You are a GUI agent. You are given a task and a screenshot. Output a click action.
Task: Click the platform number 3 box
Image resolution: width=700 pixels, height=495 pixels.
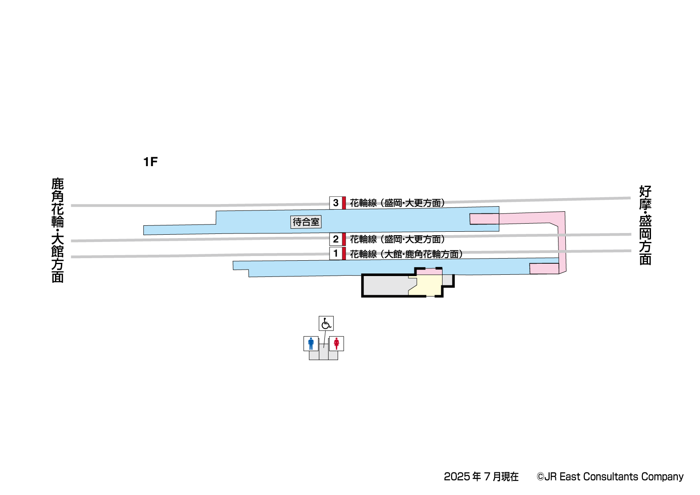336,203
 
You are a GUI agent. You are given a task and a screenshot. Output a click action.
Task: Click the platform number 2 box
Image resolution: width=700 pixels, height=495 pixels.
336,239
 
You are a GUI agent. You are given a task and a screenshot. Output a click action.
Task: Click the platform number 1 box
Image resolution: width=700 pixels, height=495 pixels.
336,253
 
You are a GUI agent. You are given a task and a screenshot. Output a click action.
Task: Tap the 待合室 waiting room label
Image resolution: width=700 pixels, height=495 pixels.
306,222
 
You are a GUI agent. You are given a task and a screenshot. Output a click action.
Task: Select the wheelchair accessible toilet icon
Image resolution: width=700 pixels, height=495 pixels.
326,323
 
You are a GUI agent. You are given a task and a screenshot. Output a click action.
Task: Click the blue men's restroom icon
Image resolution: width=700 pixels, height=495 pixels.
311,343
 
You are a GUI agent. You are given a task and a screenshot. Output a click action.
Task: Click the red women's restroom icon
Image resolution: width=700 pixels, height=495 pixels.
336,343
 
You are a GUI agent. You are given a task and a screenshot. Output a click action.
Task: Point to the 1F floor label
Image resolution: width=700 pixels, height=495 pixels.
150,162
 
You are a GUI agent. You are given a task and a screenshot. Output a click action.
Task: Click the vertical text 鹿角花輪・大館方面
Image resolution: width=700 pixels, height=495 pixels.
58,230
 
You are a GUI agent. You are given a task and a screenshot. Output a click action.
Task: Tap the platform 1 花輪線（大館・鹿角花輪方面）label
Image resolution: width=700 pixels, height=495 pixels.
406,254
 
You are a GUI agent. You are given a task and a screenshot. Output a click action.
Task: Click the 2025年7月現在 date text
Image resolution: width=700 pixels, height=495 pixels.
481,477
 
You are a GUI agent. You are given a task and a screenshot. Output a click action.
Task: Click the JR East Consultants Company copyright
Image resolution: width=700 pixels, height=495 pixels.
610,477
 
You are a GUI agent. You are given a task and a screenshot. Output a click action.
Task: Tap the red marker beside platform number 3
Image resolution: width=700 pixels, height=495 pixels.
344,203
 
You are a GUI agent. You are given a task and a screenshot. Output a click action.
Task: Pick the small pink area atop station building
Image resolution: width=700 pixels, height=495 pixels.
429,272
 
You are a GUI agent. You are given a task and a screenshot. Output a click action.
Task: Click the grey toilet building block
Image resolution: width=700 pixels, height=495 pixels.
324,355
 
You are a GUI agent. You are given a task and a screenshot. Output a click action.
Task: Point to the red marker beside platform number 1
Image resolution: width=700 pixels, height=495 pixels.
344,253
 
